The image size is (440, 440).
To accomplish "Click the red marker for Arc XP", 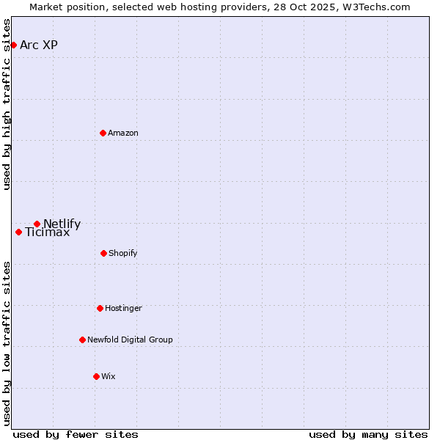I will click(x=13, y=45).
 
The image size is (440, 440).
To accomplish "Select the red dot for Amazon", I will click(x=103, y=133).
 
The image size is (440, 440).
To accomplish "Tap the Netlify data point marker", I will click(x=37, y=224).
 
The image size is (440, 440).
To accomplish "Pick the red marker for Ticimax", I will click(x=18, y=232).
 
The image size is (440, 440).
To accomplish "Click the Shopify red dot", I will click(x=103, y=253).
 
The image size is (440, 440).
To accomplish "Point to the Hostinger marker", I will click(x=100, y=308).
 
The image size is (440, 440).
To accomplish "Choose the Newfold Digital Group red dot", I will click(x=82, y=340).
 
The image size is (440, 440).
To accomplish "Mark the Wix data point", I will click(x=96, y=376).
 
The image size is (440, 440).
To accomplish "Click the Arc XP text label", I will click(x=39, y=45).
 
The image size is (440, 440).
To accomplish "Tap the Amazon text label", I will click(x=123, y=133).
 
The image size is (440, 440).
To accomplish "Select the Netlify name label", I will click(x=62, y=224).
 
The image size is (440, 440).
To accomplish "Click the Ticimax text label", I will click(x=48, y=232).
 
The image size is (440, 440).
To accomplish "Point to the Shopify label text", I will click(x=123, y=253).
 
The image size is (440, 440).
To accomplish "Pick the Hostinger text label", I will click(x=123, y=308).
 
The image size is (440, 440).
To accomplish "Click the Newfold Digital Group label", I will click(x=130, y=340).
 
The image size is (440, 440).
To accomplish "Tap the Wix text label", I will click(x=109, y=376).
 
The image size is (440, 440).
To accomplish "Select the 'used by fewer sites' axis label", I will click(x=76, y=434).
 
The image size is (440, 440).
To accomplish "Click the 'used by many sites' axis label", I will click(x=368, y=434).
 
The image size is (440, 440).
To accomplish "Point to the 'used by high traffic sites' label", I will click(x=7, y=104).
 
